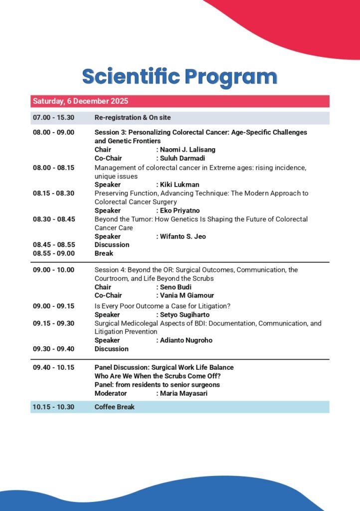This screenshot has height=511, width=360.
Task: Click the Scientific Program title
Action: [x=180, y=77]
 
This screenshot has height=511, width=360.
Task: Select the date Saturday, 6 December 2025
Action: [x=80, y=101]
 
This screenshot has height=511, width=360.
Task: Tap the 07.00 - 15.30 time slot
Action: [x=53, y=118]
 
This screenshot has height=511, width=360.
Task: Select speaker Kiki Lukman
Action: [x=180, y=185]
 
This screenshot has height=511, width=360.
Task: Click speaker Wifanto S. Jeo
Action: [x=183, y=237]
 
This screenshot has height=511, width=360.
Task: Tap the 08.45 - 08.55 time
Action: [x=53, y=245]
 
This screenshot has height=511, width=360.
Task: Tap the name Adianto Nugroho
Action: [x=186, y=340]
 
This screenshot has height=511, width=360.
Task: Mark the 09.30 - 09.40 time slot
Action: [x=53, y=349]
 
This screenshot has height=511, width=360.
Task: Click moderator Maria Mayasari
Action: [x=183, y=394]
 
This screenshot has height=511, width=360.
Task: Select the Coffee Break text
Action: [x=115, y=407]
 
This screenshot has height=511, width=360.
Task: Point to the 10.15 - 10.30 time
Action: [x=53, y=407]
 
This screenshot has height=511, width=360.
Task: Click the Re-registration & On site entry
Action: [x=133, y=118]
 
